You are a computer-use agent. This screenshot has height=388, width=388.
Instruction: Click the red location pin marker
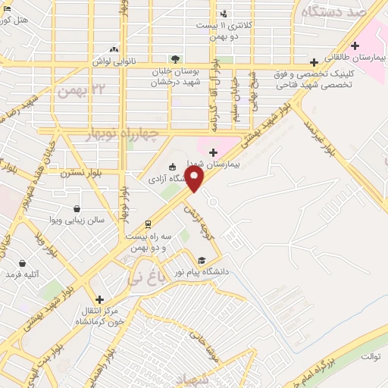(196, 180)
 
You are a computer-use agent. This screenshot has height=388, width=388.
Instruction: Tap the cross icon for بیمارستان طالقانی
(355, 45)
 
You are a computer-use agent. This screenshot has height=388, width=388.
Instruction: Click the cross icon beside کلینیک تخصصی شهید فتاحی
(314, 62)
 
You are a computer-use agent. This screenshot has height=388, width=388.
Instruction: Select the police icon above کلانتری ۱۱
(224, 14)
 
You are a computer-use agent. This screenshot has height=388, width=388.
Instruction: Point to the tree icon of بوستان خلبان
(176, 58)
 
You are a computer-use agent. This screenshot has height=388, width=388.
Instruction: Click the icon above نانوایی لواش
(114, 48)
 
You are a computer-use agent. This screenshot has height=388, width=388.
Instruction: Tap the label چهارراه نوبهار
(128, 135)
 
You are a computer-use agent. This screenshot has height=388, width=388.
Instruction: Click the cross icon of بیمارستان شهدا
(213, 152)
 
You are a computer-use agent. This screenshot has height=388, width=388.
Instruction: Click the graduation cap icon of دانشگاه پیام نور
(202, 260)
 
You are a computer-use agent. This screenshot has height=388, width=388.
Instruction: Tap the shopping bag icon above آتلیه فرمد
(21, 263)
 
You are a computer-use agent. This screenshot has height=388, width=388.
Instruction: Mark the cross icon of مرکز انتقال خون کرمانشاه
(99, 300)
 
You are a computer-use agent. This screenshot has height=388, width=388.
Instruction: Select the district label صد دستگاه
(334, 12)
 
